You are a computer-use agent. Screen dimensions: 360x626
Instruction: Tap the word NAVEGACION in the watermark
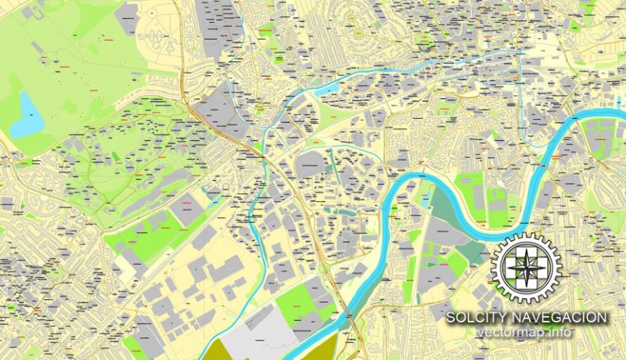[x=562, y=318]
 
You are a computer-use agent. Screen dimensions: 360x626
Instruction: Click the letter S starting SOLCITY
[x=451, y=318]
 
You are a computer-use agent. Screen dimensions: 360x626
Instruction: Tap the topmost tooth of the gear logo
[x=527, y=235]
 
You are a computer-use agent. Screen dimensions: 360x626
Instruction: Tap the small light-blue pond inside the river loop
[x=425, y=195]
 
